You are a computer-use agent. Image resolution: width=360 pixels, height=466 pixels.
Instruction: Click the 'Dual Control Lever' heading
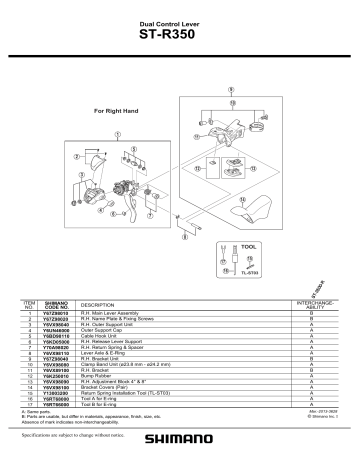181,21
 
